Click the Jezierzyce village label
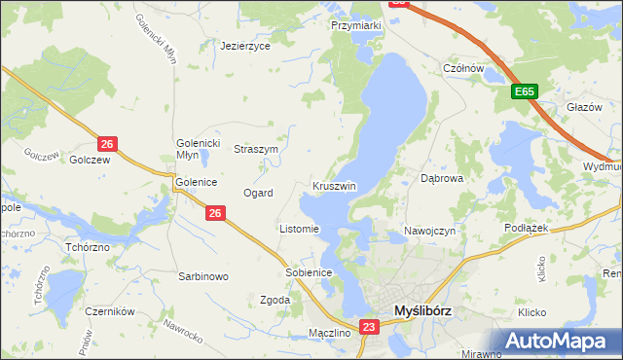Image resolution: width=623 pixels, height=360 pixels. [244, 46]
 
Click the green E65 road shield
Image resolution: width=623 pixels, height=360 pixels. [525, 91]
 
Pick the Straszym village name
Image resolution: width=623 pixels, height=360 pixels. [256, 150]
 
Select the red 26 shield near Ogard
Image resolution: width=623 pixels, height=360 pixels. [216, 212]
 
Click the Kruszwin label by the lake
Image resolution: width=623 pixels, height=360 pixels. [335, 186]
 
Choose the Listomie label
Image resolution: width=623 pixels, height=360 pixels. [299, 230]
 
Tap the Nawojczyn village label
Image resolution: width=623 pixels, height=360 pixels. [429, 231]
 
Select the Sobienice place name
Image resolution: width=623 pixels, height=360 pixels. [310, 272]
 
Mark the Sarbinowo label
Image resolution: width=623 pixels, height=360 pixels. [202, 276]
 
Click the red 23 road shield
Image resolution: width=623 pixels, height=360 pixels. [369, 328]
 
